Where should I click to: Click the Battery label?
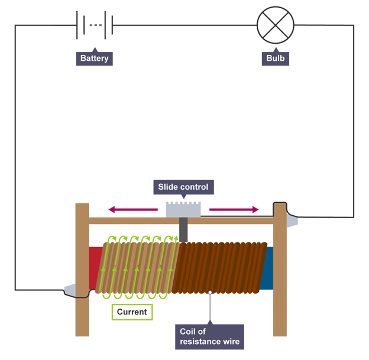[95, 59]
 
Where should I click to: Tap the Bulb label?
[276, 59]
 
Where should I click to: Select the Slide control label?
[183, 187]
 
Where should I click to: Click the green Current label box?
[132, 312]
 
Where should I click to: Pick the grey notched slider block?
[184, 209]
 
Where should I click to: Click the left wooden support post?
[82, 269]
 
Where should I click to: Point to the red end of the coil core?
[95, 269]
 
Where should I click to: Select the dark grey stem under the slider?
[184, 229]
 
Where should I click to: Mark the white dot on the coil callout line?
[210, 292]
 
